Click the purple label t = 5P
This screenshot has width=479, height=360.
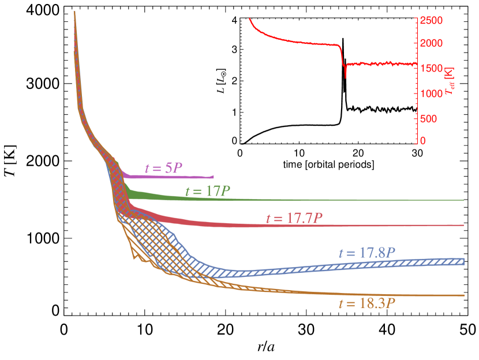(x=163, y=168)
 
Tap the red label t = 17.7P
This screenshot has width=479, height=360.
(x=294, y=218)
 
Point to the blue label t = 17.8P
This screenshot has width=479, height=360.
(x=367, y=253)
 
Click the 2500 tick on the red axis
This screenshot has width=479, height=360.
(x=432, y=21)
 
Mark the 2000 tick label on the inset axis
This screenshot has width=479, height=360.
(x=432, y=44)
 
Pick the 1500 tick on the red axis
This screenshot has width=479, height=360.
(x=432, y=69)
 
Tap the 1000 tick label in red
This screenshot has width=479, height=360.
(x=432, y=93)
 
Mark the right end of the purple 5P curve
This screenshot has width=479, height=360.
(x=214, y=176)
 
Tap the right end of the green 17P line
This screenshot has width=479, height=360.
(x=463, y=200)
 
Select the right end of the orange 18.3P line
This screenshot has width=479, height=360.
(x=463, y=295)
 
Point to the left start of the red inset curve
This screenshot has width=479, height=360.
(x=250, y=19)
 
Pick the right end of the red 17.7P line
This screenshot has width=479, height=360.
(x=463, y=225)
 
